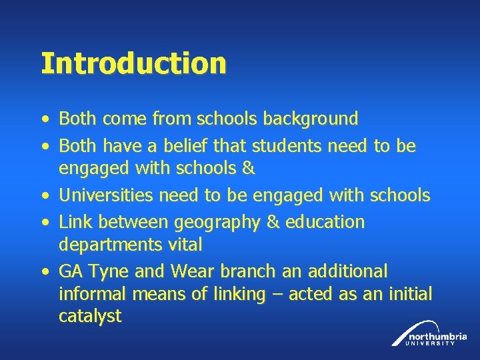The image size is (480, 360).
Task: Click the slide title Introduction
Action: pyautogui.click(x=133, y=64)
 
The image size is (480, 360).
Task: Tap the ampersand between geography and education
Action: pyautogui.click(x=273, y=222)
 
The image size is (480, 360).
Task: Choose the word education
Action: pyautogui.click(x=325, y=222)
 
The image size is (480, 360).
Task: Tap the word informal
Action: pyautogui.click(x=93, y=294)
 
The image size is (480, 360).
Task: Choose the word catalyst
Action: pyautogui.click(x=90, y=316)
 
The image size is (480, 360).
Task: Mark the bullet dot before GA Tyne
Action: pyautogui.click(x=44, y=272)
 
